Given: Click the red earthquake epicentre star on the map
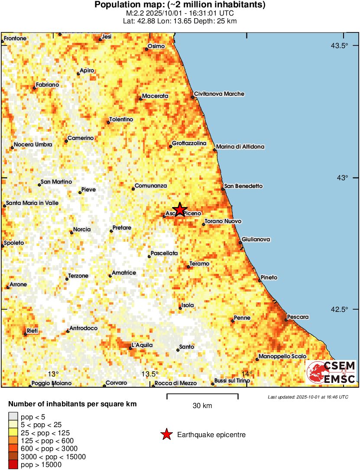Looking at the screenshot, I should coord(179,209).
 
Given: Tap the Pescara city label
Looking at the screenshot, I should coord(298,317).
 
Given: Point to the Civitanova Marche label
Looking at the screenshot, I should coord(219,94).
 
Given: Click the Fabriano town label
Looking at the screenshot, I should coord(47,85).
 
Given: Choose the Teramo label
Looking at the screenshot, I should coord(199,263).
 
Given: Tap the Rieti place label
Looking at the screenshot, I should coord(32,331).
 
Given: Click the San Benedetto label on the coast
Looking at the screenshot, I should coord(243,186).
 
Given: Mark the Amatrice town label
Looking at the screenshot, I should coord(124,273).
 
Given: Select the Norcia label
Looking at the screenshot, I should coord(82,229).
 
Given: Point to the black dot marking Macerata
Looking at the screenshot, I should coord(141,99).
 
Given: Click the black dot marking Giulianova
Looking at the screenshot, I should coord(240,242).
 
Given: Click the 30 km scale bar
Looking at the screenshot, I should coord(202,395).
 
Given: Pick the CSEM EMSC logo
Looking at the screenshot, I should coord(331,373).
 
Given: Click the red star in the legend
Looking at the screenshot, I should coord(166,434).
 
